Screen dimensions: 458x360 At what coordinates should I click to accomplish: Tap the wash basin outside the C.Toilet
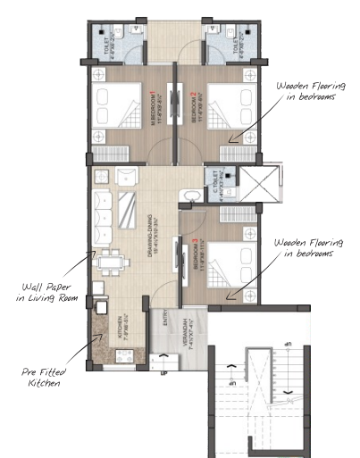pos(188,195)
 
